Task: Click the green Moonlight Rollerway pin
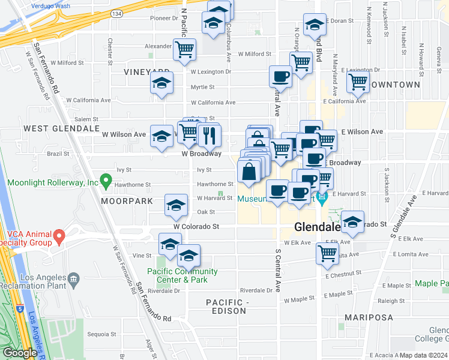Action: pos(106,179)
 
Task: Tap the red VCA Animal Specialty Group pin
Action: pos(59,237)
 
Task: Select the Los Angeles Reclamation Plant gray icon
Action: pos(73,278)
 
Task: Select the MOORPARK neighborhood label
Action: pos(127,201)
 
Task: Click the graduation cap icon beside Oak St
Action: pos(176,205)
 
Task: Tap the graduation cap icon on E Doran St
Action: pos(315,25)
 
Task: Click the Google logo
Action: pos(20,353)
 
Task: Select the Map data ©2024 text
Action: pos(423,355)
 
